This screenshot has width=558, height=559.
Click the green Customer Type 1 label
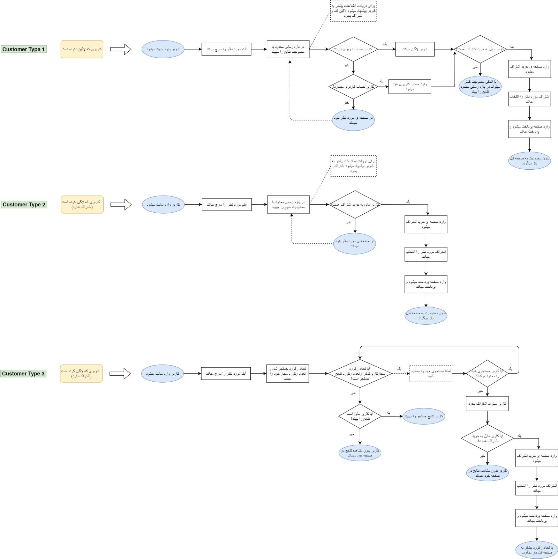point(23,49)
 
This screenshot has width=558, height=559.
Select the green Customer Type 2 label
point(24,205)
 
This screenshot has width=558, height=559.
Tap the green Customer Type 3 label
point(23,374)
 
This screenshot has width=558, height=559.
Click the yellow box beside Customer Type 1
point(82,49)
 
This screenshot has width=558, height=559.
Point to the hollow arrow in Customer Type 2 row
point(121,205)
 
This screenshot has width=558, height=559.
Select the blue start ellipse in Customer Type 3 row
point(163,374)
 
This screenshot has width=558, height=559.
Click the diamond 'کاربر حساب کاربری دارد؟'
point(353,49)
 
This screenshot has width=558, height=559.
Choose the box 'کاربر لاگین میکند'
point(415,49)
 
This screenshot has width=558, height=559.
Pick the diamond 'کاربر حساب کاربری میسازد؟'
point(353,87)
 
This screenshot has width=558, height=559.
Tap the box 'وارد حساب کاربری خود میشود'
point(409,87)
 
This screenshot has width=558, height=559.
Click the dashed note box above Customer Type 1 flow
point(353,11)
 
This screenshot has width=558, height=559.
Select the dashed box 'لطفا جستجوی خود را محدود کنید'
point(431,374)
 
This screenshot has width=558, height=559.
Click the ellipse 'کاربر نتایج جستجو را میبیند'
point(424,416)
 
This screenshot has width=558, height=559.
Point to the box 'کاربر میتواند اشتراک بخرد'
point(487,404)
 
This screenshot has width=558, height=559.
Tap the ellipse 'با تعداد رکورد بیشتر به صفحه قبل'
point(536,550)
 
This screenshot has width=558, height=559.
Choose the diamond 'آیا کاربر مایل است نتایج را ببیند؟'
point(360,416)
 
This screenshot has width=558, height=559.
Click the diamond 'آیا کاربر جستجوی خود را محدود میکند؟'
point(487,374)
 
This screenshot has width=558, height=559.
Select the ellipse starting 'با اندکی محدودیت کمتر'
point(480,87)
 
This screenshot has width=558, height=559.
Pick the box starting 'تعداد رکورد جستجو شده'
point(287,374)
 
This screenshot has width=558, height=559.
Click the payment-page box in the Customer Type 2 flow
point(426,284)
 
